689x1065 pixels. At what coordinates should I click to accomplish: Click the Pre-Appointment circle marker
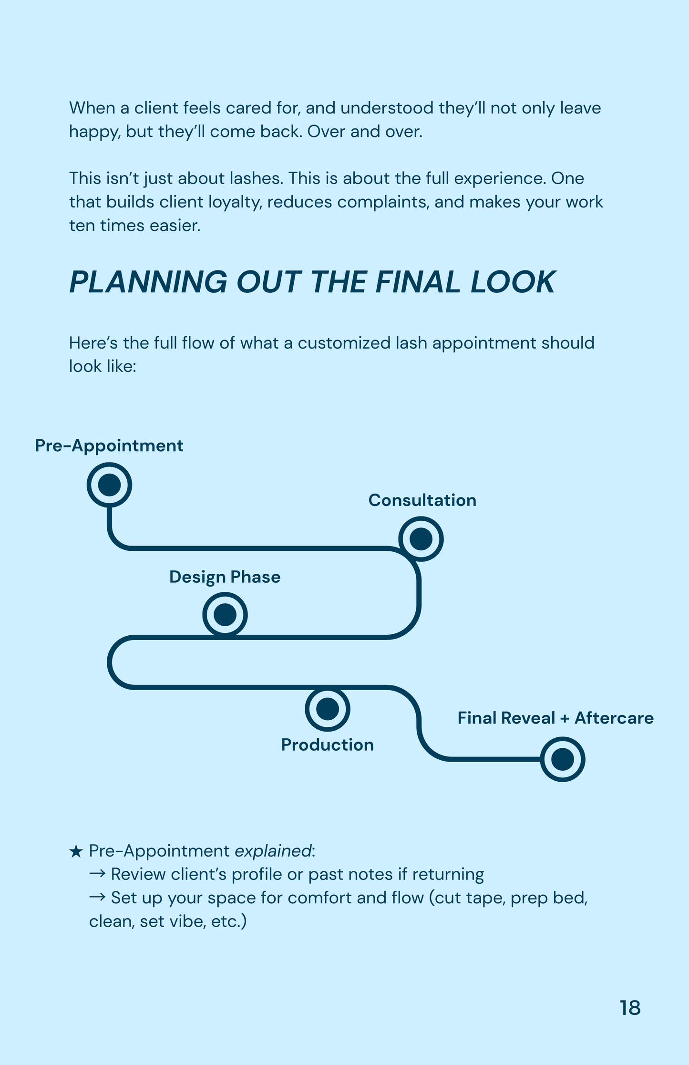(109, 485)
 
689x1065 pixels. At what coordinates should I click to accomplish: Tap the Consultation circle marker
(421, 539)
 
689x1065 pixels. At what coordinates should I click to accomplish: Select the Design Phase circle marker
(225, 615)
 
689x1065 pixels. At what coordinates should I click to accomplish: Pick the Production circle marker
(328, 709)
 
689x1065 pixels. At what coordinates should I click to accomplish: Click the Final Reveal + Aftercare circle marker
(563, 759)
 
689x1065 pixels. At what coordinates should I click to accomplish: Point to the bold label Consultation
(422, 500)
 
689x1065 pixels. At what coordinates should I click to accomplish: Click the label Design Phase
(225, 577)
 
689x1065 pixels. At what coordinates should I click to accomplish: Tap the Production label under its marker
(327, 745)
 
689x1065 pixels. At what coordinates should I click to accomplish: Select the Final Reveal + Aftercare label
(555, 718)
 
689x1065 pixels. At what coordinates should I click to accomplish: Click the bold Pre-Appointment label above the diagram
(109, 445)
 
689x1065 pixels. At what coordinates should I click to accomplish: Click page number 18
(630, 1008)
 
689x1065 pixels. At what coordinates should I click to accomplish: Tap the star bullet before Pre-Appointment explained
(76, 851)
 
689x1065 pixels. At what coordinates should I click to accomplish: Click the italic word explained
(273, 851)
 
